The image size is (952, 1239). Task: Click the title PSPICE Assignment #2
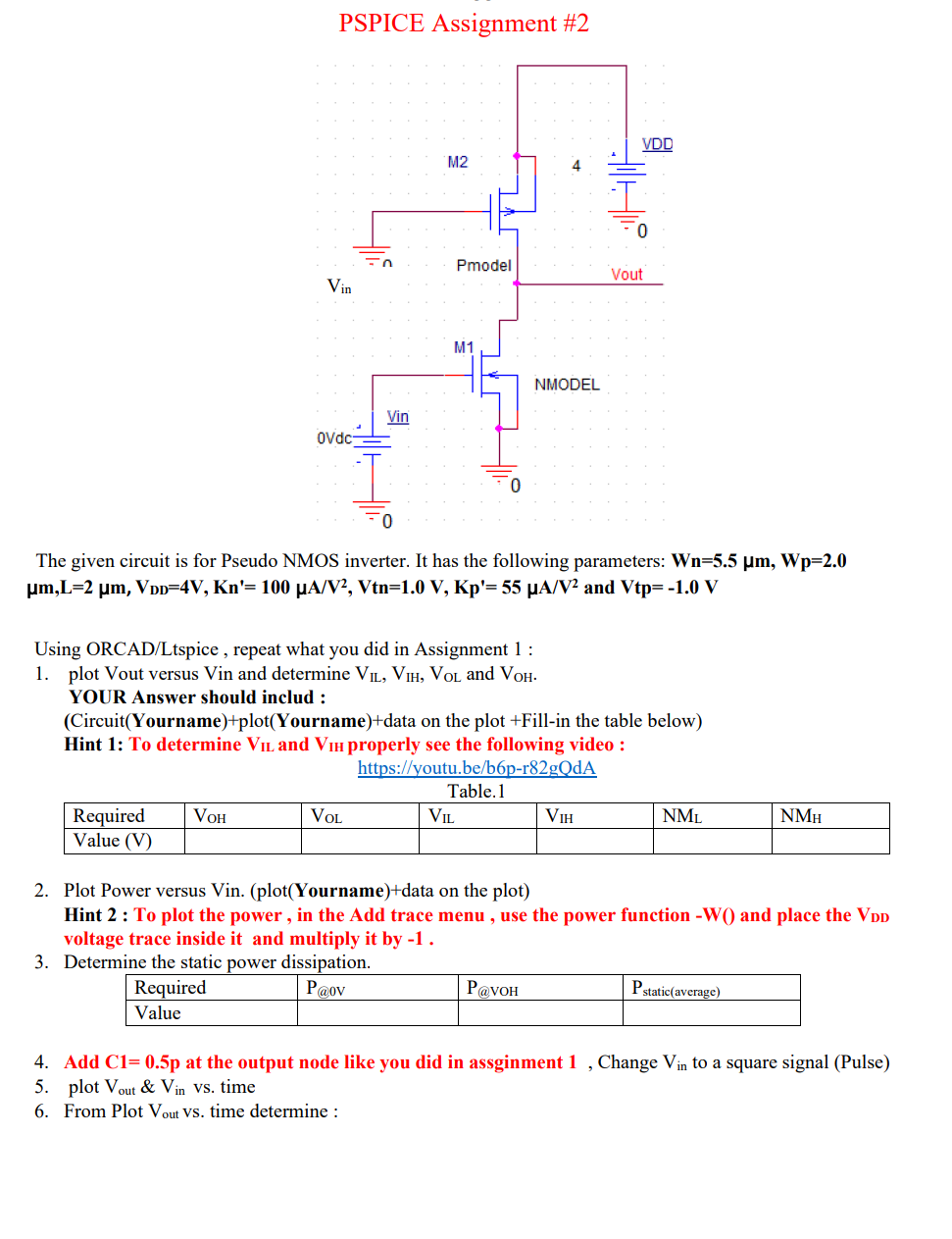tap(464, 24)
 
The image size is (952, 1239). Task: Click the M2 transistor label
tap(458, 162)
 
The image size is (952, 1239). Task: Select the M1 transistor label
tap(464, 347)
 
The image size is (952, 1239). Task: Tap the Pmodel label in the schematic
tap(483, 266)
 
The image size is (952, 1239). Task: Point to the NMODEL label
tap(567, 385)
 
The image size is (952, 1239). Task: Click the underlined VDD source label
tap(657, 144)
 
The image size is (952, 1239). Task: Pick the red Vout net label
tap(626, 275)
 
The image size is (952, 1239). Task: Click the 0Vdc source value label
tap(334, 438)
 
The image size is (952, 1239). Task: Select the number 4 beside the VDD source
tap(576, 166)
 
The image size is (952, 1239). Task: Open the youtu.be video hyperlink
tap(476, 768)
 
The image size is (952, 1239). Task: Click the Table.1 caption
tap(476, 792)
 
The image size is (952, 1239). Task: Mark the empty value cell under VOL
tap(360, 841)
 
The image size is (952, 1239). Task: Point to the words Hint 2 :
tap(96, 915)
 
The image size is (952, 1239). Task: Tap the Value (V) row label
tap(113, 841)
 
